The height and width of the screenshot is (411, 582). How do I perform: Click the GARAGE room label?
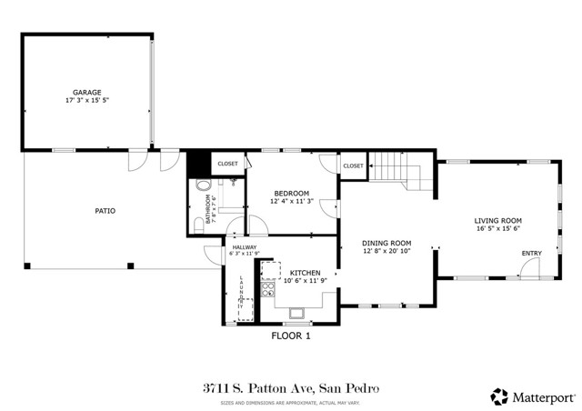87,92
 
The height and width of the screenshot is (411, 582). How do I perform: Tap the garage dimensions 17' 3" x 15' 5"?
87,100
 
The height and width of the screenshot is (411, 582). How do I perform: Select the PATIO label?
105,211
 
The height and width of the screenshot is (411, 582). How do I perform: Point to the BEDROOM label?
292,193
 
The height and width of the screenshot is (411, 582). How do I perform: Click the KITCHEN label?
305,272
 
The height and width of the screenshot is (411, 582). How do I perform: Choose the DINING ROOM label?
386,243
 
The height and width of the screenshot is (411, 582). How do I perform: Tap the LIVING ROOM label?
497,220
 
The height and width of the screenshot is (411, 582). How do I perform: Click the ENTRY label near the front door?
531,253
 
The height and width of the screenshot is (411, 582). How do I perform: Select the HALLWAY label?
245,247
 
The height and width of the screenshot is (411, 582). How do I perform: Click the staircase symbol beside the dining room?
400,170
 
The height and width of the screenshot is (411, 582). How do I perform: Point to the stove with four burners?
268,290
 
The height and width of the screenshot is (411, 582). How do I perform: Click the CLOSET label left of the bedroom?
227,164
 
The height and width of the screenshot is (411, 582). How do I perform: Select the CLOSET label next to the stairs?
353,165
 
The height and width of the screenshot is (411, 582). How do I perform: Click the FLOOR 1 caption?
291,336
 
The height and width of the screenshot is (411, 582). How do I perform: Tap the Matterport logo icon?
499,396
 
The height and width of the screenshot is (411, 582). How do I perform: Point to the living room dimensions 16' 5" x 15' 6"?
497,229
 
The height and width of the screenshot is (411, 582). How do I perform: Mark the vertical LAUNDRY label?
241,295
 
